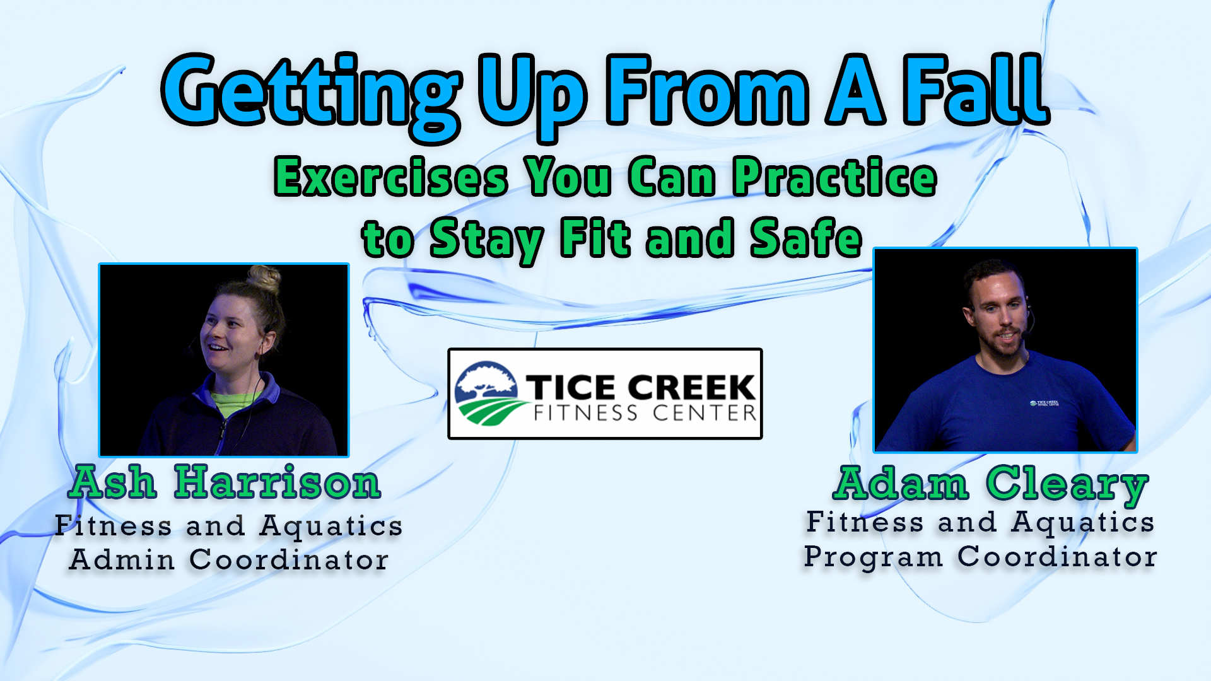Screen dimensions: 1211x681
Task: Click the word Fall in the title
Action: point(976,90)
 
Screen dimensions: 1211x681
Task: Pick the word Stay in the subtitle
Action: point(486,241)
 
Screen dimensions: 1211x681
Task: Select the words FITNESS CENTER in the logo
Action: point(645,414)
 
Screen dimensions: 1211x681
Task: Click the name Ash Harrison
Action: point(225,483)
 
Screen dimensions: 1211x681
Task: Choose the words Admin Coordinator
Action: point(229,560)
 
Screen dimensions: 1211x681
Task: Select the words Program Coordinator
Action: point(980,557)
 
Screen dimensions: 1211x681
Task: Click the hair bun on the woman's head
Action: point(264,279)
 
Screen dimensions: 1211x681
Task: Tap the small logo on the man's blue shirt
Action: point(1044,403)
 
